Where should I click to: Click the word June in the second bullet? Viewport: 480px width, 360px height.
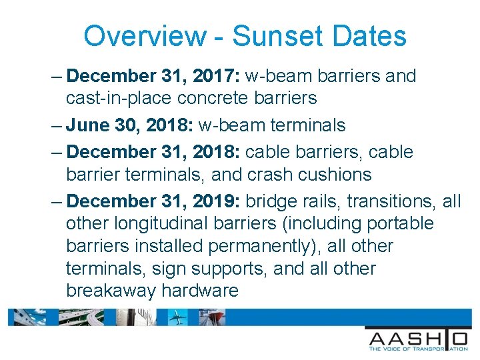89,125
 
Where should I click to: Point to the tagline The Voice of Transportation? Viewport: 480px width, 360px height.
417,348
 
